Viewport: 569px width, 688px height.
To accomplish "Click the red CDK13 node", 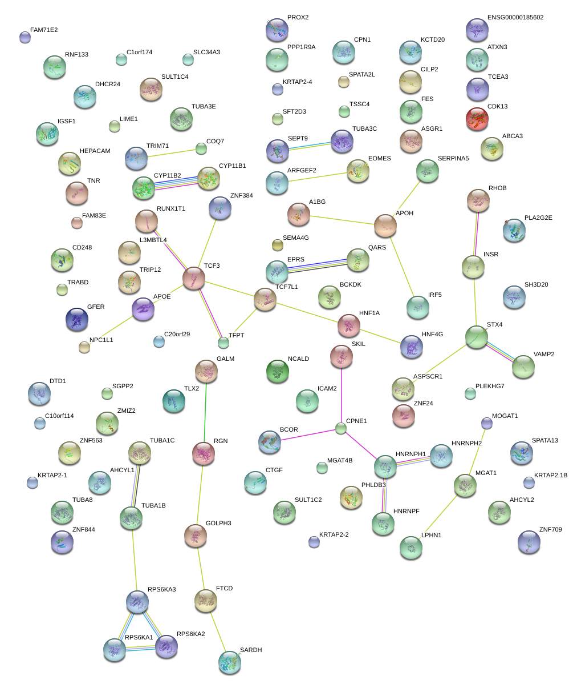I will [x=477, y=119].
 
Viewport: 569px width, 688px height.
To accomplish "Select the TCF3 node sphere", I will [x=194, y=278].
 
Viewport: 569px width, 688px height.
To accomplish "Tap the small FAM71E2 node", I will [x=25, y=38].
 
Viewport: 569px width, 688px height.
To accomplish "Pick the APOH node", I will [x=385, y=226].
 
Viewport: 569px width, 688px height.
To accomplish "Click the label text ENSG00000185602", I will [x=515, y=18].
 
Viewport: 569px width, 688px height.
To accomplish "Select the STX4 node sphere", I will [x=476, y=337].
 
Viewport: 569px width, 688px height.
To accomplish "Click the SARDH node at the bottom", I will [x=229, y=662].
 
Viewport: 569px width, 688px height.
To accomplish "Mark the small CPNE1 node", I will [x=341, y=428].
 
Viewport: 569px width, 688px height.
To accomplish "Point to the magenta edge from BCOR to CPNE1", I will [x=308, y=435].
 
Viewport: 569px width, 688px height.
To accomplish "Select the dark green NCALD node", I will [x=277, y=371].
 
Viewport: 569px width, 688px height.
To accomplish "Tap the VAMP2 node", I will [x=523, y=367].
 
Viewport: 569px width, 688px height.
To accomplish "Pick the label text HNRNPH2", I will [x=466, y=444].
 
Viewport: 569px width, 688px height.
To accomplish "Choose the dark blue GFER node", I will [x=77, y=319].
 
